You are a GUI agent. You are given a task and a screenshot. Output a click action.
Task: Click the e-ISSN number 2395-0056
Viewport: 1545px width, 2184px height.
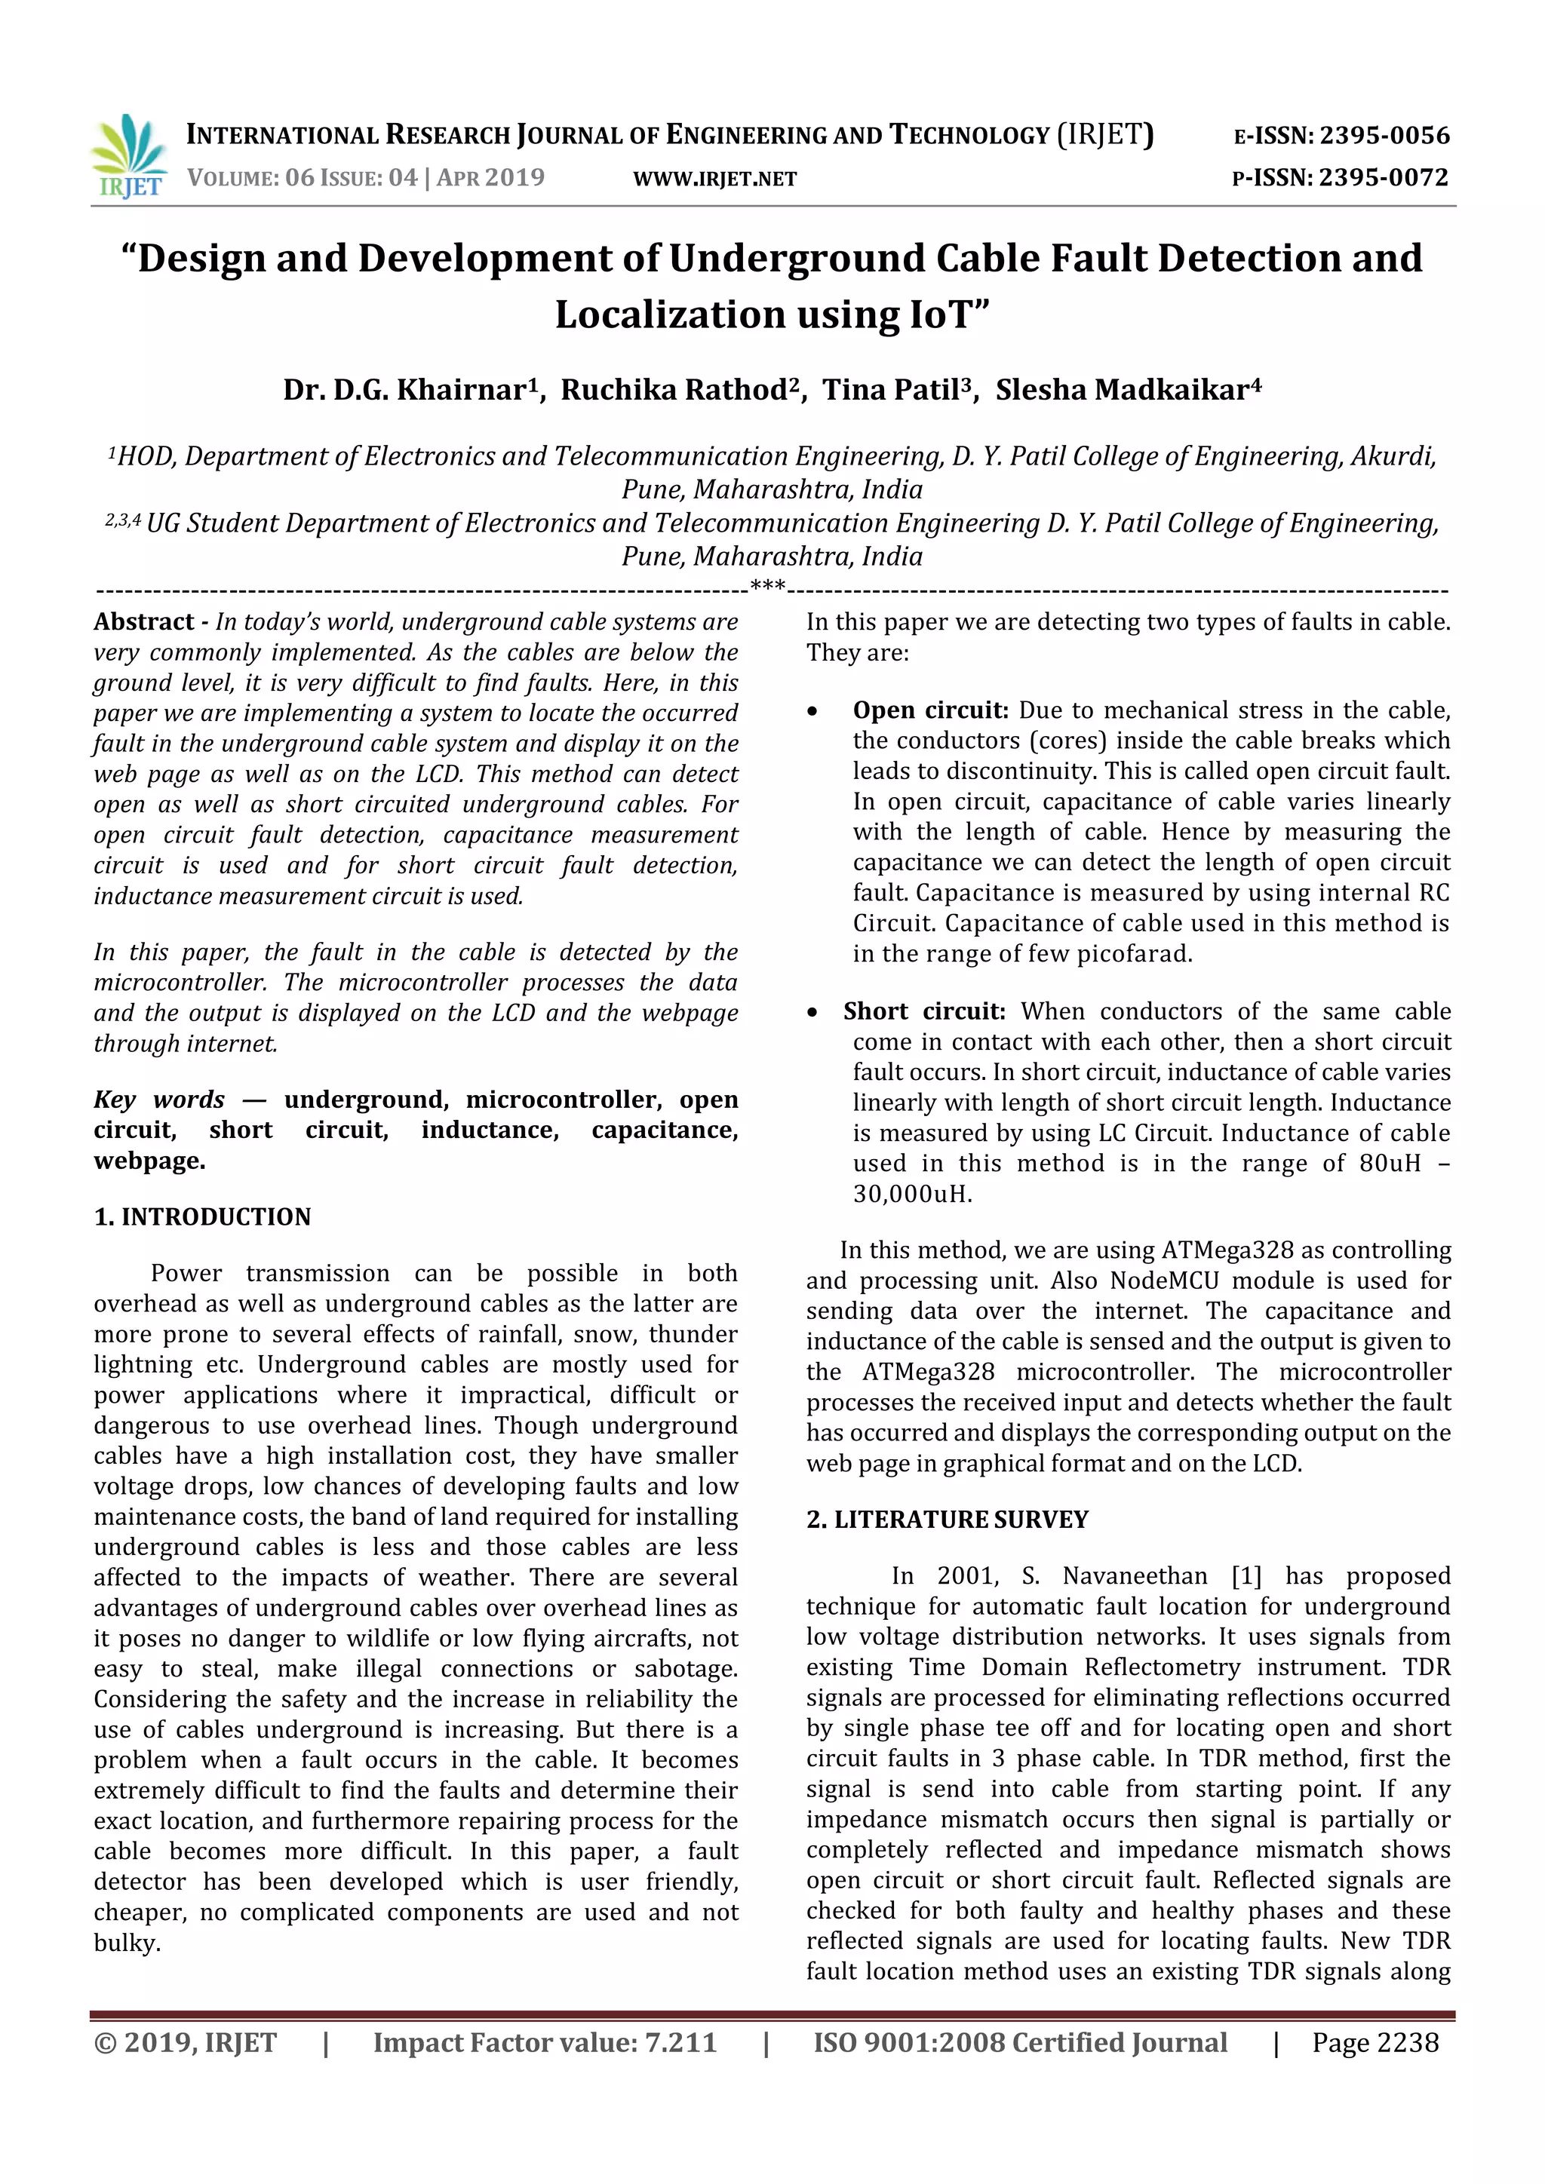1384,135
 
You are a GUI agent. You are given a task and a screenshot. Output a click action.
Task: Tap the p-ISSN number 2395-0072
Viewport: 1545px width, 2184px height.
1384,178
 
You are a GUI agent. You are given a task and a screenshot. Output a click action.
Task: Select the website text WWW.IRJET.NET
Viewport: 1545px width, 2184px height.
714,179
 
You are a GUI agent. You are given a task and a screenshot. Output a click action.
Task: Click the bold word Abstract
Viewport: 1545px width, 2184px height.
143,622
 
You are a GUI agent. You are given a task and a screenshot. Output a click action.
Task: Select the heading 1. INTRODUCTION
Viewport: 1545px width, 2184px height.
203,1216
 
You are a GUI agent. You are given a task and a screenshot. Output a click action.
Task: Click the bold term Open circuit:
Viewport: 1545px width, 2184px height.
929,710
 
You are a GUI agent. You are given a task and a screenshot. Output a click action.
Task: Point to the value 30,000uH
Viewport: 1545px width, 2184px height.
911,1194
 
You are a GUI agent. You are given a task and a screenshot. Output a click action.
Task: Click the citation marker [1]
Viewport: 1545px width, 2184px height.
1246,1576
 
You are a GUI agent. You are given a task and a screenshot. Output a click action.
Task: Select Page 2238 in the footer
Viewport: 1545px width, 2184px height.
1375,2042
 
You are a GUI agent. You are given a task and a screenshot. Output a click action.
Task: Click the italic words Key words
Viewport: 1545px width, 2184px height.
159,1100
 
